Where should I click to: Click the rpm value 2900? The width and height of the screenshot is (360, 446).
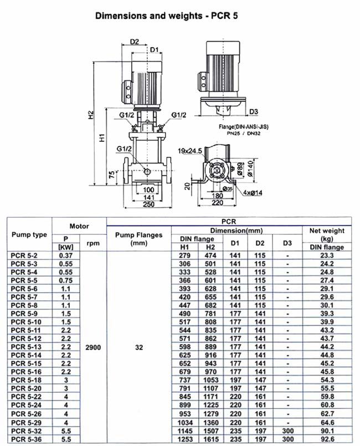point(92,348)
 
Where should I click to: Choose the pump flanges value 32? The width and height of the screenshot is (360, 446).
point(138,348)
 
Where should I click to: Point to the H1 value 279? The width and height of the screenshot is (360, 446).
point(184,255)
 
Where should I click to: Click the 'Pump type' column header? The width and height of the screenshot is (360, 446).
point(29,234)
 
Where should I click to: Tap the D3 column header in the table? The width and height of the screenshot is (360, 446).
point(286,242)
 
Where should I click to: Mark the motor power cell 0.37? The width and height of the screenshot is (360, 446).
point(66,255)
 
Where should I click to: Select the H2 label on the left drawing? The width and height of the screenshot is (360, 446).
point(91,115)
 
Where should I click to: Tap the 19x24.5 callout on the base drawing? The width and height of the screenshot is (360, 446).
point(190,150)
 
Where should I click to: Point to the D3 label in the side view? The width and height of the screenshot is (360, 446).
point(253,111)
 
